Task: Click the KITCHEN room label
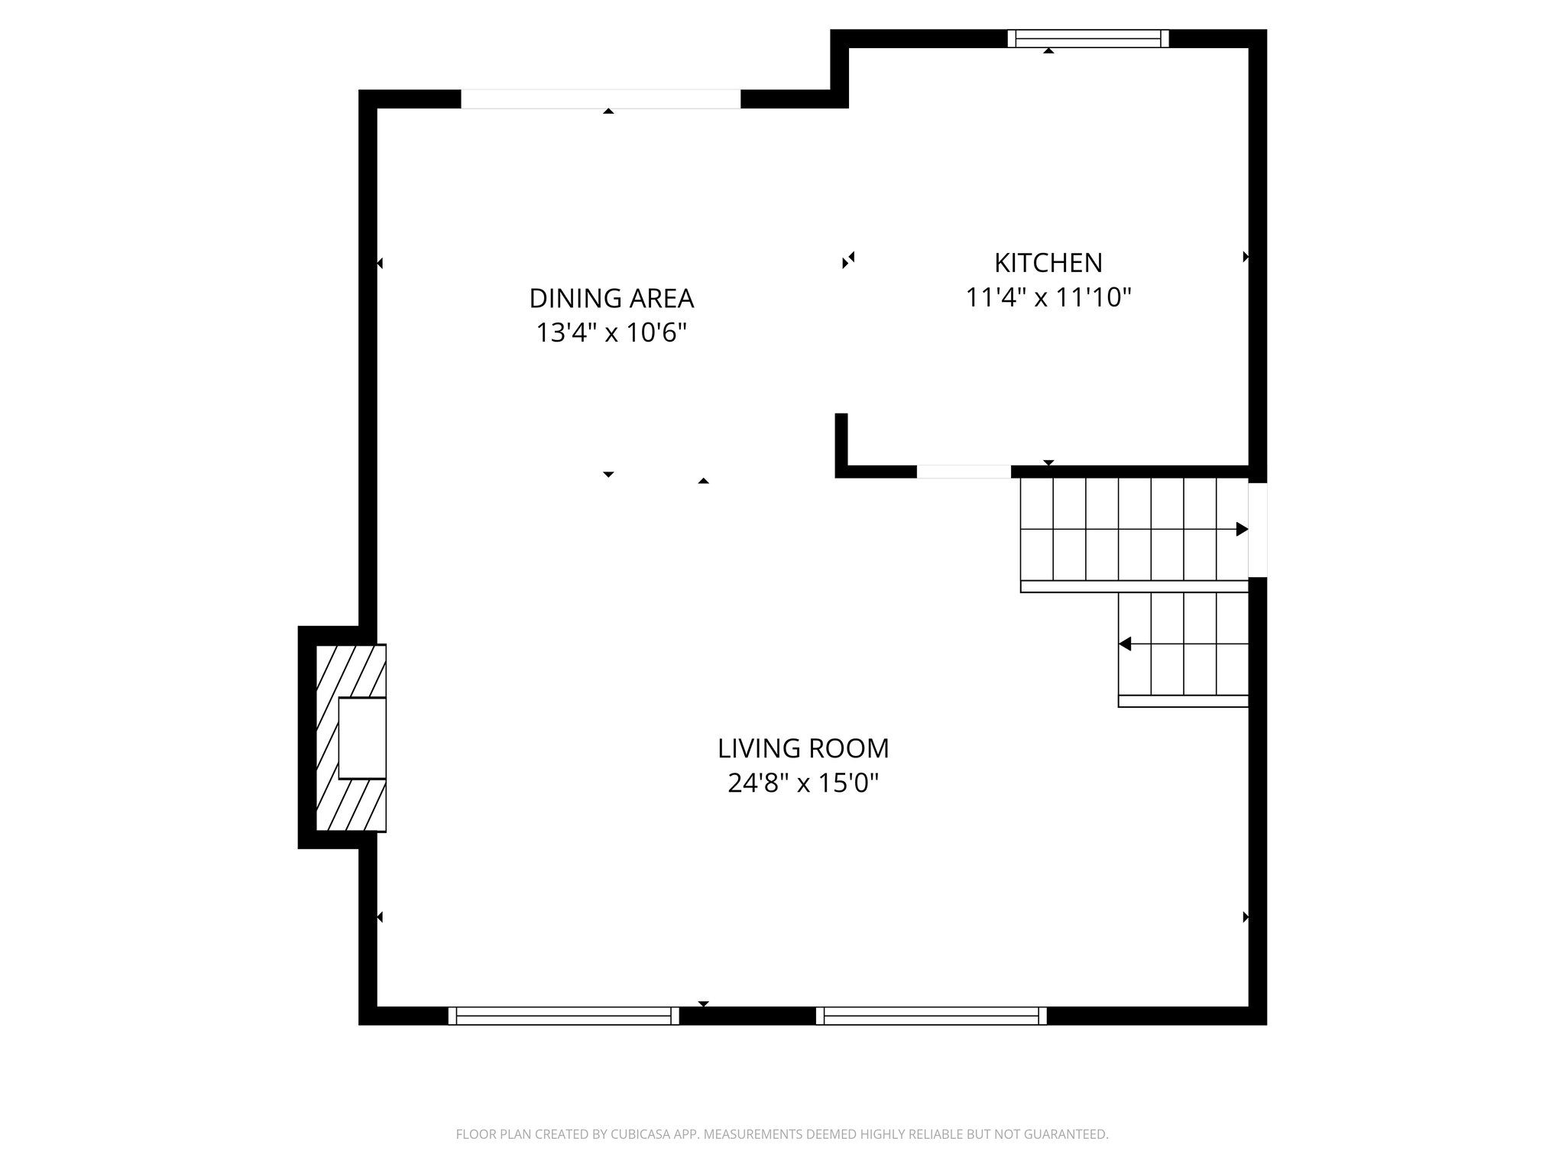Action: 1048,263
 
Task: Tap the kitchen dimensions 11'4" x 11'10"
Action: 1048,297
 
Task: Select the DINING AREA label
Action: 611,297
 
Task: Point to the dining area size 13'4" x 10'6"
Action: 611,333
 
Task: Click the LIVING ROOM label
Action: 803,748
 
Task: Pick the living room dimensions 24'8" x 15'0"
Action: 803,783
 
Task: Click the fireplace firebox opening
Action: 361,738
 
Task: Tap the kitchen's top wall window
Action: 1088,38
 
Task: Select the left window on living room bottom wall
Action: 563,1016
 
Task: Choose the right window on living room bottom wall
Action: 932,1016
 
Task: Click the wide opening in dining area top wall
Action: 601,99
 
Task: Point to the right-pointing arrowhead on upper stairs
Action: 1242,529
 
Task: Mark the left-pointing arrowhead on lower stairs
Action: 1125,644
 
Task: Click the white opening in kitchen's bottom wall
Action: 964,472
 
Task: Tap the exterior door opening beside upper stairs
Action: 1258,530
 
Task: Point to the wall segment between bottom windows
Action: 747,1016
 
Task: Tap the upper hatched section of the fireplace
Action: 352,670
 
